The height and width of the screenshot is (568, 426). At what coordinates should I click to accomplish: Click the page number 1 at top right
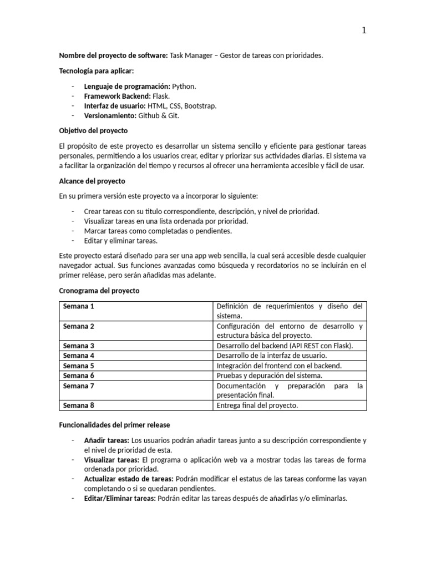pyautogui.click(x=364, y=31)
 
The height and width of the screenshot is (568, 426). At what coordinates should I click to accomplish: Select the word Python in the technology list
pyautogui.click(x=184, y=87)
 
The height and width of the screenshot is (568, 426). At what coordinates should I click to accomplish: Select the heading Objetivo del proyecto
pyautogui.click(x=93, y=130)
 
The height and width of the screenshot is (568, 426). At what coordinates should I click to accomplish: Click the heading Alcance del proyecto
pyautogui.click(x=92, y=181)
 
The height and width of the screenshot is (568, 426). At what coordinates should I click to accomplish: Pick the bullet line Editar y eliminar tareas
pyautogui.click(x=120, y=241)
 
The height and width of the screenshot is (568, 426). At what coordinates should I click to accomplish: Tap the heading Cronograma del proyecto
pyautogui.click(x=99, y=291)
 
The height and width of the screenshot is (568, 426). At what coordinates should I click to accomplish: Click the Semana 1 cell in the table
pyautogui.click(x=79, y=306)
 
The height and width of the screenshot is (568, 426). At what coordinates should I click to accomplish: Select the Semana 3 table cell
pyautogui.click(x=79, y=346)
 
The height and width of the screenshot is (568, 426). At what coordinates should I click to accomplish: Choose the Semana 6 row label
pyautogui.click(x=79, y=376)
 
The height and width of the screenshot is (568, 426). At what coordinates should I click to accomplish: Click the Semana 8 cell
pyautogui.click(x=79, y=405)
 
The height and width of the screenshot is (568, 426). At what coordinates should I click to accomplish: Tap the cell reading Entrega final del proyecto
pyautogui.click(x=257, y=405)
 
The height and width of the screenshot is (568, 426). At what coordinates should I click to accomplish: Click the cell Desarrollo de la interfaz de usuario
pyautogui.click(x=272, y=356)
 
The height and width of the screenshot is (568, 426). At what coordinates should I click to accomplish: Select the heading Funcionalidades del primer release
pyautogui.click(x=114, y=425)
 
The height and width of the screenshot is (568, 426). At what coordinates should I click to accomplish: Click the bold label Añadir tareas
pyautogui.click(x=106, y=440)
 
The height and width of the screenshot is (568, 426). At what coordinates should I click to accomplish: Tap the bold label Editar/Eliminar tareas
pyautogui.click(x=120, y=498)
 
